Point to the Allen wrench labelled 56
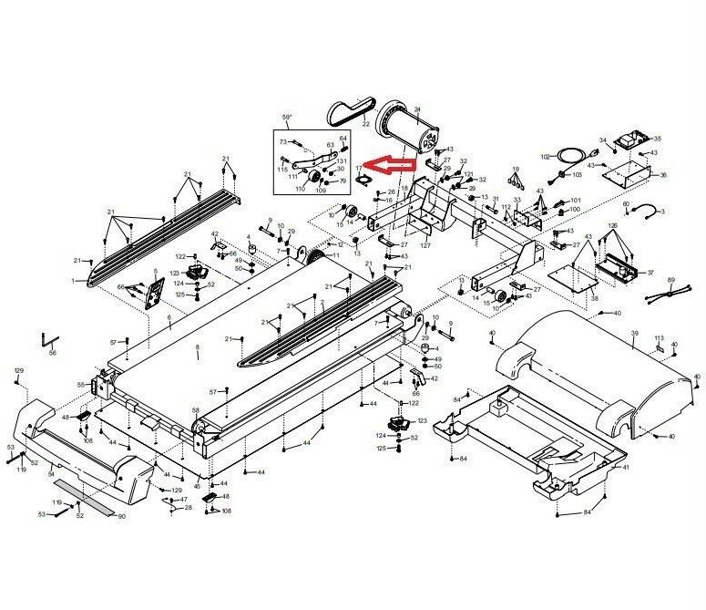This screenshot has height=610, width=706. tap(49, 339)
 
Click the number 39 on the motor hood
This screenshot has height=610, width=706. tap(634, 335)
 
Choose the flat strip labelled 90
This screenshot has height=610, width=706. tap(91, 507)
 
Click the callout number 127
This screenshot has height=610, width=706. tap(425, 245)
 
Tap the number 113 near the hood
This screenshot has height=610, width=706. tap(657, 338)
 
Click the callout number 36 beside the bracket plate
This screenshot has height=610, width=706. tap(663, 175)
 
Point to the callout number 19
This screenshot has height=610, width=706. tap(515, 170)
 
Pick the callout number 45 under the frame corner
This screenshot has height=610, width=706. tap(197, 486)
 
